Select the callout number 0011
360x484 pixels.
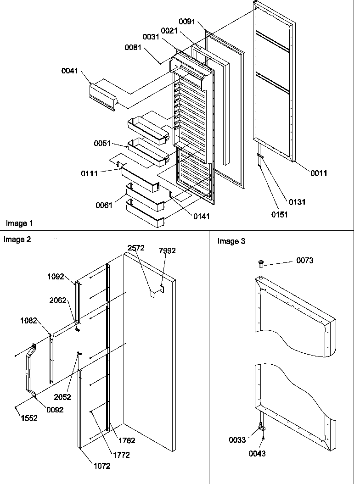[x=318, y=173]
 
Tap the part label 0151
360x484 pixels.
[x=279, y=214]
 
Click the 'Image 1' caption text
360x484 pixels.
[x=19, y=223]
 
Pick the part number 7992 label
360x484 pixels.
[x=167, y=250]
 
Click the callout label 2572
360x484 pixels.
[x=136, y=248]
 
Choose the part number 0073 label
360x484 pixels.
[x=305, y=261]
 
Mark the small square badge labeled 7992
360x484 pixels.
[x=162, y=288]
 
